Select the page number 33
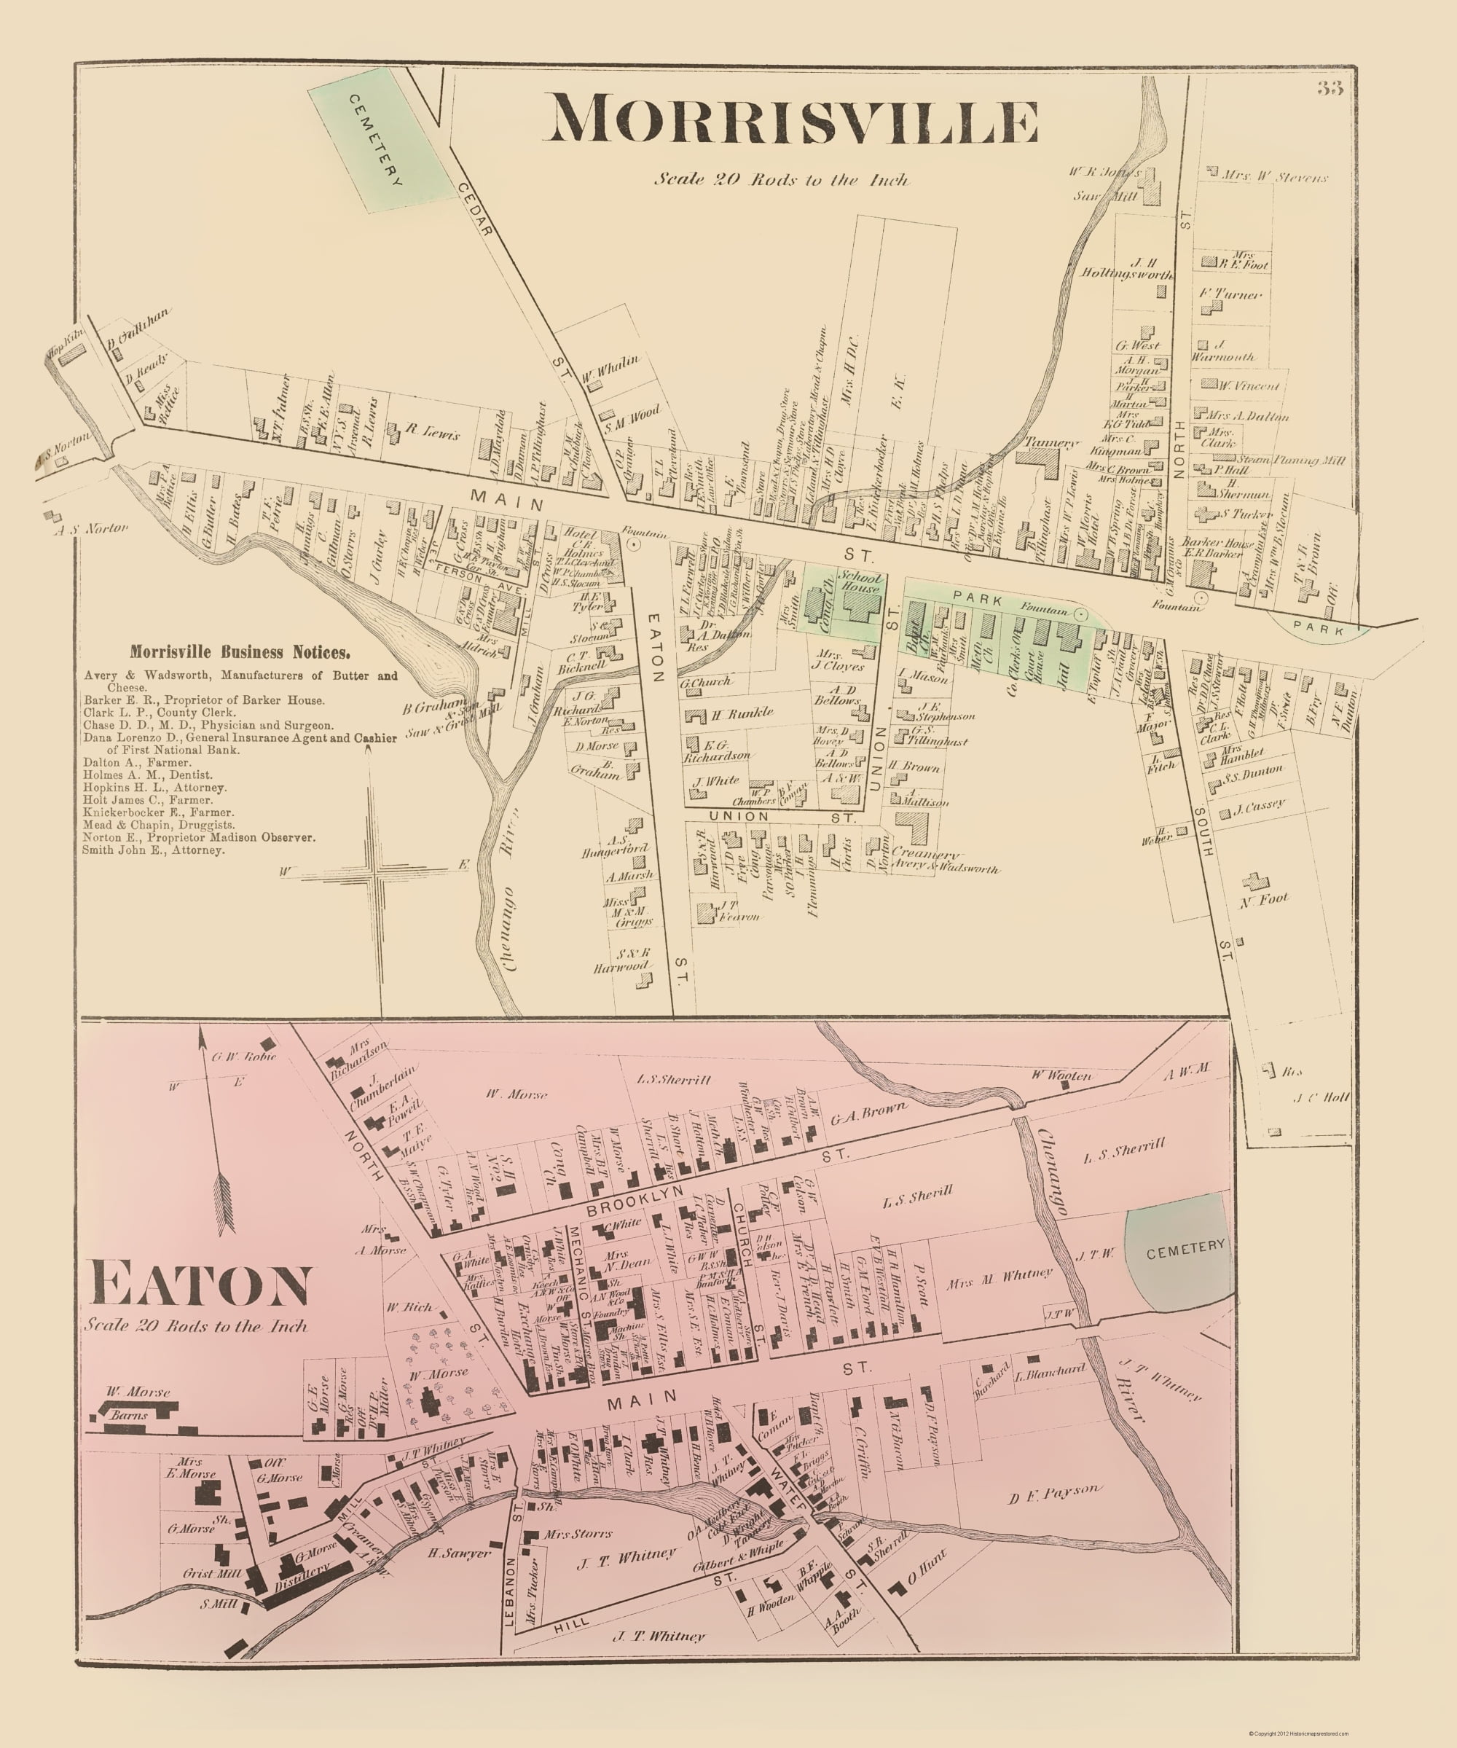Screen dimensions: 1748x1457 pos(1330,89)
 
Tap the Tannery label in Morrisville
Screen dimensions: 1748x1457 pos(1052,444)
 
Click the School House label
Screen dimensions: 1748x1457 pos(860,582)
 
